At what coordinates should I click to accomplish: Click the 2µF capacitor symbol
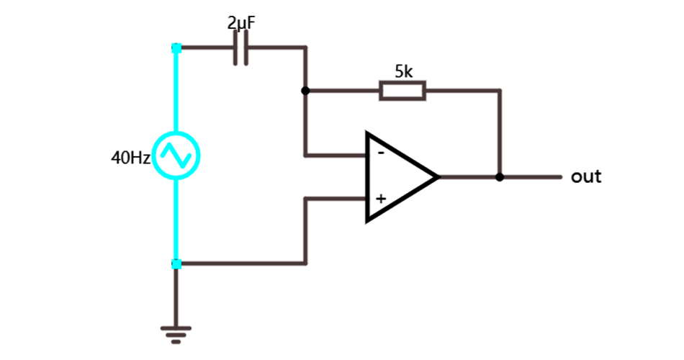241,48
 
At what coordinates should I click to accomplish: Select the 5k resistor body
402,91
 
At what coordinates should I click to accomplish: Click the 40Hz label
130,157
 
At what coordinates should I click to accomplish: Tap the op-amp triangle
396,176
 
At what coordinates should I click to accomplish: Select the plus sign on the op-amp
381,199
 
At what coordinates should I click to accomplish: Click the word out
586,176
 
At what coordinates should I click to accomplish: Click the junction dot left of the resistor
305,91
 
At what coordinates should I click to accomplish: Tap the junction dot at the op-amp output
500,176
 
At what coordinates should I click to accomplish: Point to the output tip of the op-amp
437,176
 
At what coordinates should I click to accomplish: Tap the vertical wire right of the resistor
500,133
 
